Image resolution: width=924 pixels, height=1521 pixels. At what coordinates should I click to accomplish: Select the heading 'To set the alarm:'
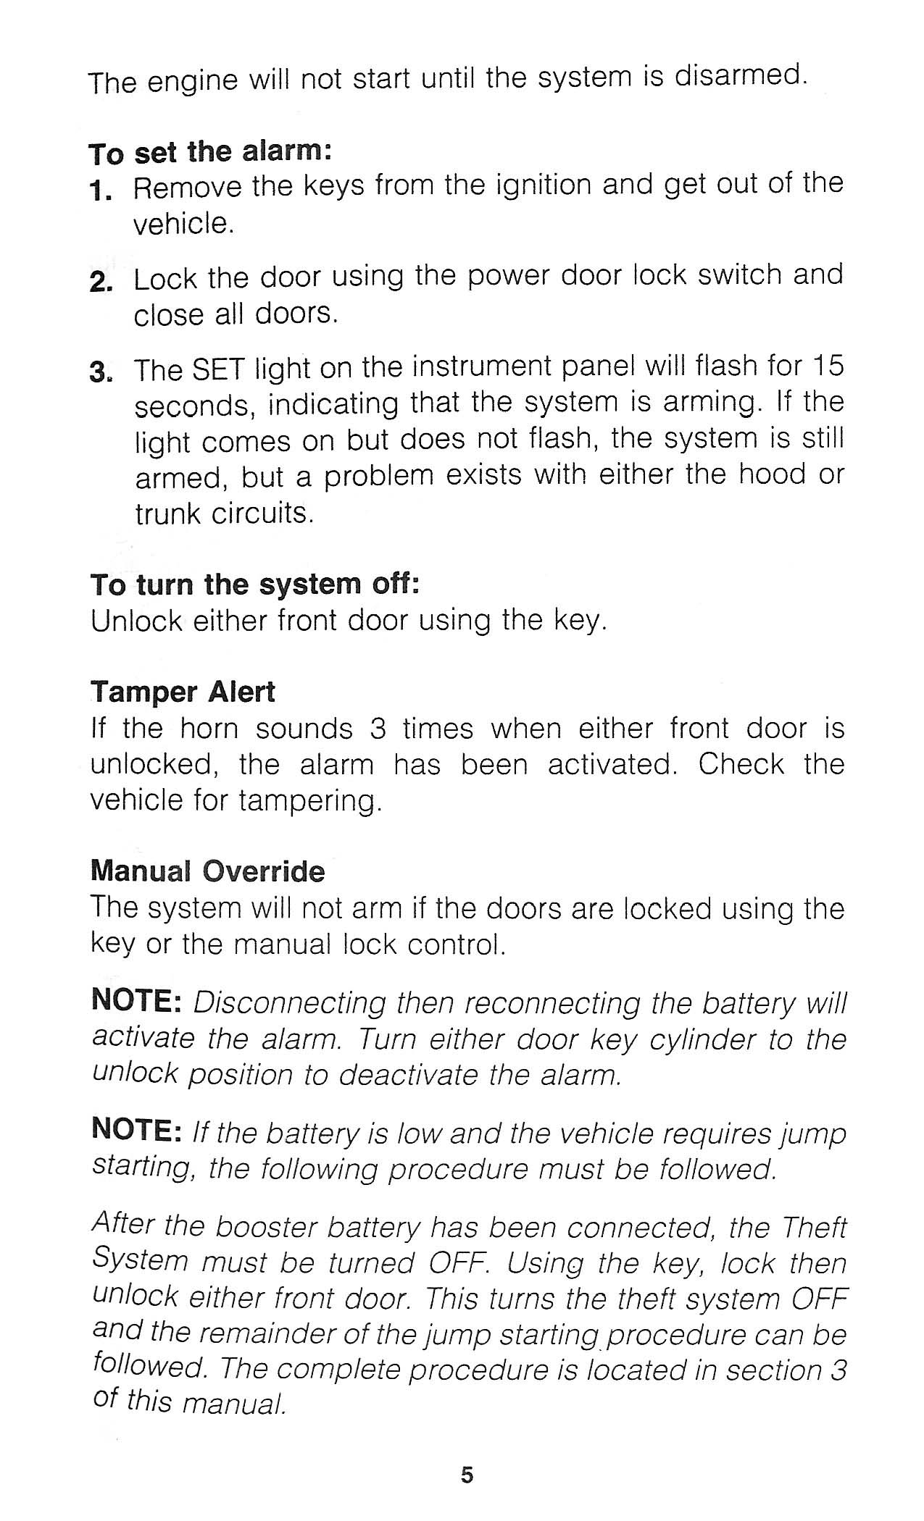click(x=210, y=153)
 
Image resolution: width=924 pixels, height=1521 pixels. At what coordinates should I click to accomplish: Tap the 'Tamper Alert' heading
click(x=183, y=692)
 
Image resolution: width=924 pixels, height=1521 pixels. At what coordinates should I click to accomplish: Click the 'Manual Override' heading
click(x=208, y=871)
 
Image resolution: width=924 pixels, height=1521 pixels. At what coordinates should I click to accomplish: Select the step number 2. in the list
click(x=101, y=282)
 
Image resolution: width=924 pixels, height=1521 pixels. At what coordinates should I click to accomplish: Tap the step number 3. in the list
click(x=101, y=373)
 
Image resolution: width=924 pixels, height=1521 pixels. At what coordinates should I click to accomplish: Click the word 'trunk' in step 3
click(x=169, y=513)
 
